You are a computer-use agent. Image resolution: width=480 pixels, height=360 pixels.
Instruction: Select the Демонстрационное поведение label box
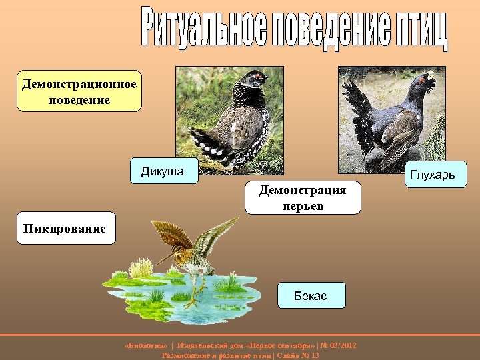point(79,91)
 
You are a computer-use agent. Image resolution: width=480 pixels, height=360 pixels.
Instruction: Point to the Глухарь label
point(432,175)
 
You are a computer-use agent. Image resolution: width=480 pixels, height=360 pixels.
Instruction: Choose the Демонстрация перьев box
point(303,198)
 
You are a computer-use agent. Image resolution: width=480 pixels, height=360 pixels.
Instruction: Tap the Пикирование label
point(65,229)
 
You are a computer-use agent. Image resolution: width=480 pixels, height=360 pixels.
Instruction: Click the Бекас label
point(311,295)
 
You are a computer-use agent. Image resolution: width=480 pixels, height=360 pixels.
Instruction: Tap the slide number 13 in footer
point(315,355)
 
